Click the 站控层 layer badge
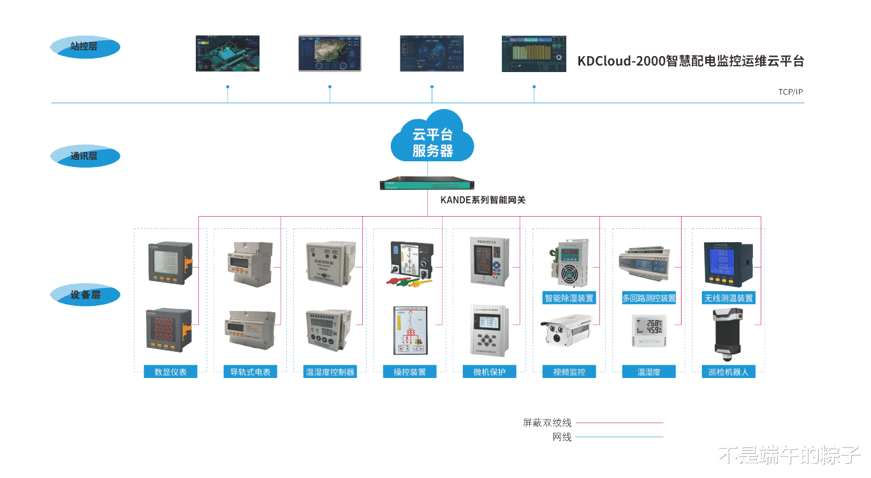[x=85, y=47]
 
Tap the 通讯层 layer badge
[x=85, y=156]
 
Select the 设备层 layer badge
[x=85, y=295]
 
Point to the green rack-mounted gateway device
[x=427, y=184]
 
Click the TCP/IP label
[x=790, y=92]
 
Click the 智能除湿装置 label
[x=568, y=298]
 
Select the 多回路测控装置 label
[x=648, y=298]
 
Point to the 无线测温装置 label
[x=728, y=298]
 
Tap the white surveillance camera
[x=567, y=330]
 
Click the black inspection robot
[x=728, y=330]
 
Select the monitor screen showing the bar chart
[x=534, y=54]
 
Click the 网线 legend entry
[x=562, y=437]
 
